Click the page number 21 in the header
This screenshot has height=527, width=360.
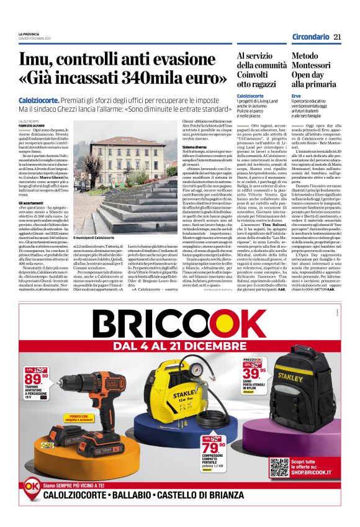pos(338,37)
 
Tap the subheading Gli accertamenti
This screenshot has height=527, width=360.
pos(30,202)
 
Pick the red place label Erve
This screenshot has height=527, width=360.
pos(296,96)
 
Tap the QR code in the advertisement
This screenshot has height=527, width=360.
pos(281,466)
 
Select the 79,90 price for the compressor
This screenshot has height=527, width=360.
pos(214,448)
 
